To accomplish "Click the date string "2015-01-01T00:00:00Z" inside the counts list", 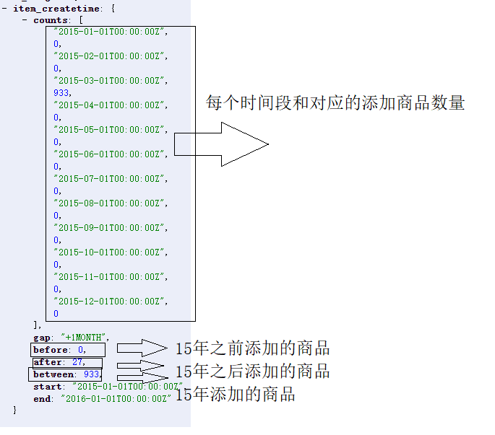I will coord(111,32).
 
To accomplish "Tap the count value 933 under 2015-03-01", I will coord(62,92).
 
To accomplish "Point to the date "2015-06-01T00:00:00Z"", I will coord(111,154).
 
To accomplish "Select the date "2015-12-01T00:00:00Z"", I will coord(111,301).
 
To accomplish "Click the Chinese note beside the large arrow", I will coord(335,103).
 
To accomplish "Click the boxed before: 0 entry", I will coord(61,350).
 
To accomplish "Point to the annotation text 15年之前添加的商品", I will coord(252,349).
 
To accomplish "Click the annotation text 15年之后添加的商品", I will coord(252,372).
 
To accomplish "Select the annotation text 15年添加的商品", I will coord(236,395).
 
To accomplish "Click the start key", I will coord(48,387).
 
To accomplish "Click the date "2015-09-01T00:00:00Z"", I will coord(111,227).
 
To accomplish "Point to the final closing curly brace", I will coord(14,410).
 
